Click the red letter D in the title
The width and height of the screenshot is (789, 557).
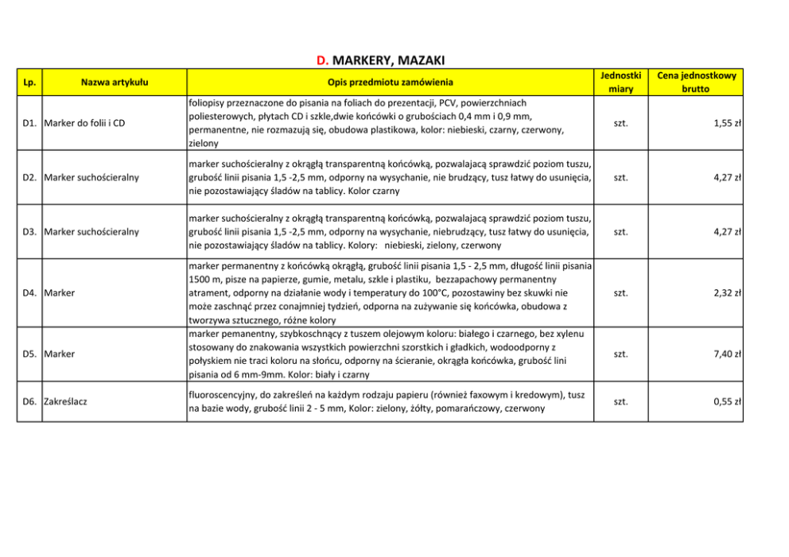(x=322, y=60)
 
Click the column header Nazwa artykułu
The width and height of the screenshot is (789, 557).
(x=115, y=82)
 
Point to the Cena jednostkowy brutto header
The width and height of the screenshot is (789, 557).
(x=697, y=82)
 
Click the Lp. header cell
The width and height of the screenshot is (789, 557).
(x=29, y=82)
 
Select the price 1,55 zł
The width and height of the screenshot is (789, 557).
(x=728, y=123)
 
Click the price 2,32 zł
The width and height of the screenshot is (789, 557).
(x=728, y=292)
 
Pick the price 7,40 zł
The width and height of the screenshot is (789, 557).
(x=728, y=354)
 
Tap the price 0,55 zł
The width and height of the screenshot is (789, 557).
(x=728, y=401)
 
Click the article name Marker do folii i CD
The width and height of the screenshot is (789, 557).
(x=85, y=123)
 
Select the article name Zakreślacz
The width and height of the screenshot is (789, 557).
(x=66, y=401)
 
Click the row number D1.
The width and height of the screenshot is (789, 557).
(x=30, y=123)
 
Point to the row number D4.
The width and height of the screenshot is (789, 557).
(x=30, y=292)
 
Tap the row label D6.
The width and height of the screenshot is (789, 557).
(x=30, y=401)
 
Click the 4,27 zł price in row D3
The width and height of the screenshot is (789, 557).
(x=728, y=231)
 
